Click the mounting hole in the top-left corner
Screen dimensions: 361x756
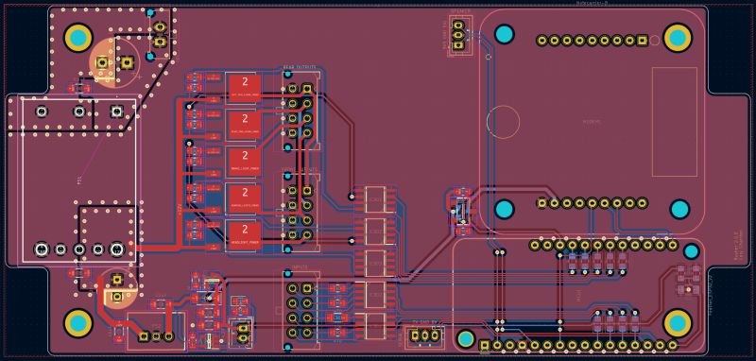point(77,38)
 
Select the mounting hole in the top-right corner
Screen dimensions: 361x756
point(678,38)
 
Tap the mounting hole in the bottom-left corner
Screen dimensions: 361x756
point(77,322)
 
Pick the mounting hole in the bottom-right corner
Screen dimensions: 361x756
point(678,322)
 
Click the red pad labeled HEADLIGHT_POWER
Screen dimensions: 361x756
point(245,233)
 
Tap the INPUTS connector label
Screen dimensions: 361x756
point(301,268)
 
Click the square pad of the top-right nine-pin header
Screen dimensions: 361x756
point(642,41)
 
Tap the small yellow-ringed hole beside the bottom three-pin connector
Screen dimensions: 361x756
point(465,337)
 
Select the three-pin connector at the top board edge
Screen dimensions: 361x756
point(459,37)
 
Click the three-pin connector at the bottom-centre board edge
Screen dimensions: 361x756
point(426,335)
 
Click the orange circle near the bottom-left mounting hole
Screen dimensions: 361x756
point(115,287)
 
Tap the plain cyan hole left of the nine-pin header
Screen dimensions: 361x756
point(504,36)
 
